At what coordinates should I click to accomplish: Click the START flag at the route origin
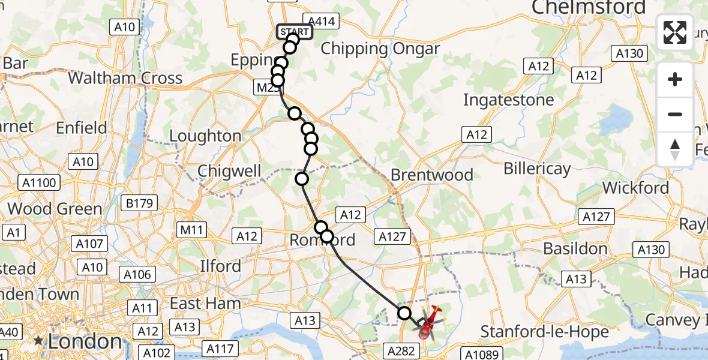(x=294, y=32)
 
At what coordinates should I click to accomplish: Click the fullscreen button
(x=675, y=32)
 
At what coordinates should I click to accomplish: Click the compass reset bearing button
(x=675, y=149)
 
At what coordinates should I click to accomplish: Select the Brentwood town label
(x=432, y=175)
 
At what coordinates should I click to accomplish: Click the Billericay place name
(x=537, y=169)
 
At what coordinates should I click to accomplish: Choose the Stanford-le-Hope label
(x=545, y=331)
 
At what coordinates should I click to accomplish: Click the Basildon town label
(x=575, y=248)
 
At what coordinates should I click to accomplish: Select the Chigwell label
(x=229, y=172)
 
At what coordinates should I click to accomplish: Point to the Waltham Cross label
(x=125, y=78)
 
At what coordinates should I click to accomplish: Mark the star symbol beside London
(x=38, y=341)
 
